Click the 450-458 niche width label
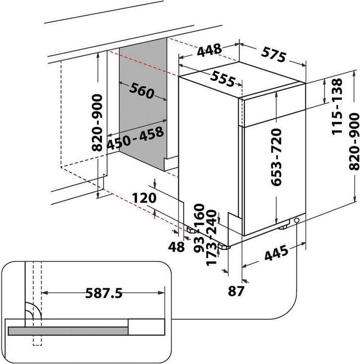pos(136,137)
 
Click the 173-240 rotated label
pos(211,237)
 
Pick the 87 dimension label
pos(236,290)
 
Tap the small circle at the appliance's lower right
pos(297,221)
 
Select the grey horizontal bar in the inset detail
pos(68,330)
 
